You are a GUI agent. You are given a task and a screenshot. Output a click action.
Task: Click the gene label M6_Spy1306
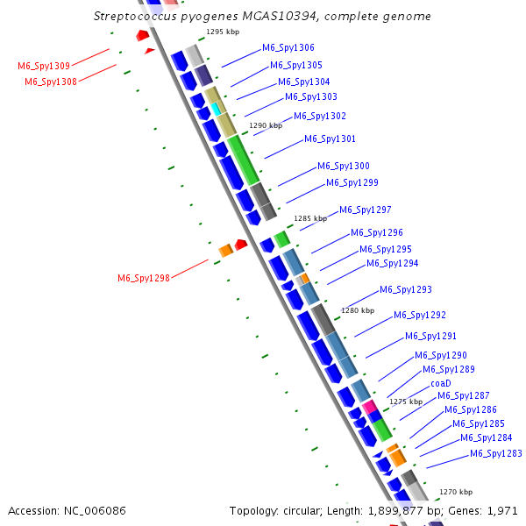click(x=288, y=48)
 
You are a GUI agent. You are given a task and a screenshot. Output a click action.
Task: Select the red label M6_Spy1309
click(x=44, y=66)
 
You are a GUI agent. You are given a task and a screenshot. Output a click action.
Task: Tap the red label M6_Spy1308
click(x=50, y=82)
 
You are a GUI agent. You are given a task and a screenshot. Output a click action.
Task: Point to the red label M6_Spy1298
click(x=144, y=279)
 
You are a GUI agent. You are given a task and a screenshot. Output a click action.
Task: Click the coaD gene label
click(x=440, y=383)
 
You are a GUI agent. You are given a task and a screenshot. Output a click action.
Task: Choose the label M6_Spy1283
click(x=495, y=453)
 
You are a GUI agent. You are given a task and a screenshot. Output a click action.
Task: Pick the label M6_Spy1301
click(x=330, y=139)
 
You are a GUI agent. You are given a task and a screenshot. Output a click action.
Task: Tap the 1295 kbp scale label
click(x=223, y=32)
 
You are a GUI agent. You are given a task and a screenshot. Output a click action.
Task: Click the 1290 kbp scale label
click(x=266, y=125)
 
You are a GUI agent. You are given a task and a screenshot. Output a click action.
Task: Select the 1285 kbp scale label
click(x=309, y=218)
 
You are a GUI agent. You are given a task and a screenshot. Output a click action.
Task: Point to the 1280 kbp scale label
click(x=357, y=310)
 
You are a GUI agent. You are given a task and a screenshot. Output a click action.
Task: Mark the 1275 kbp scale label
click(x=406, y=401)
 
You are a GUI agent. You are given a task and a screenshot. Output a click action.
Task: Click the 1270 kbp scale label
click(x=455, y=493)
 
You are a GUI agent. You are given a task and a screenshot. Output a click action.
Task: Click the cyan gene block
click(x=216, y=109)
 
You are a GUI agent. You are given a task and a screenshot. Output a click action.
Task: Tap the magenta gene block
click(x=370, y=406)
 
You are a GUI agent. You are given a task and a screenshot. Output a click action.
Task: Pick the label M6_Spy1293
click(x=405, y=289)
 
